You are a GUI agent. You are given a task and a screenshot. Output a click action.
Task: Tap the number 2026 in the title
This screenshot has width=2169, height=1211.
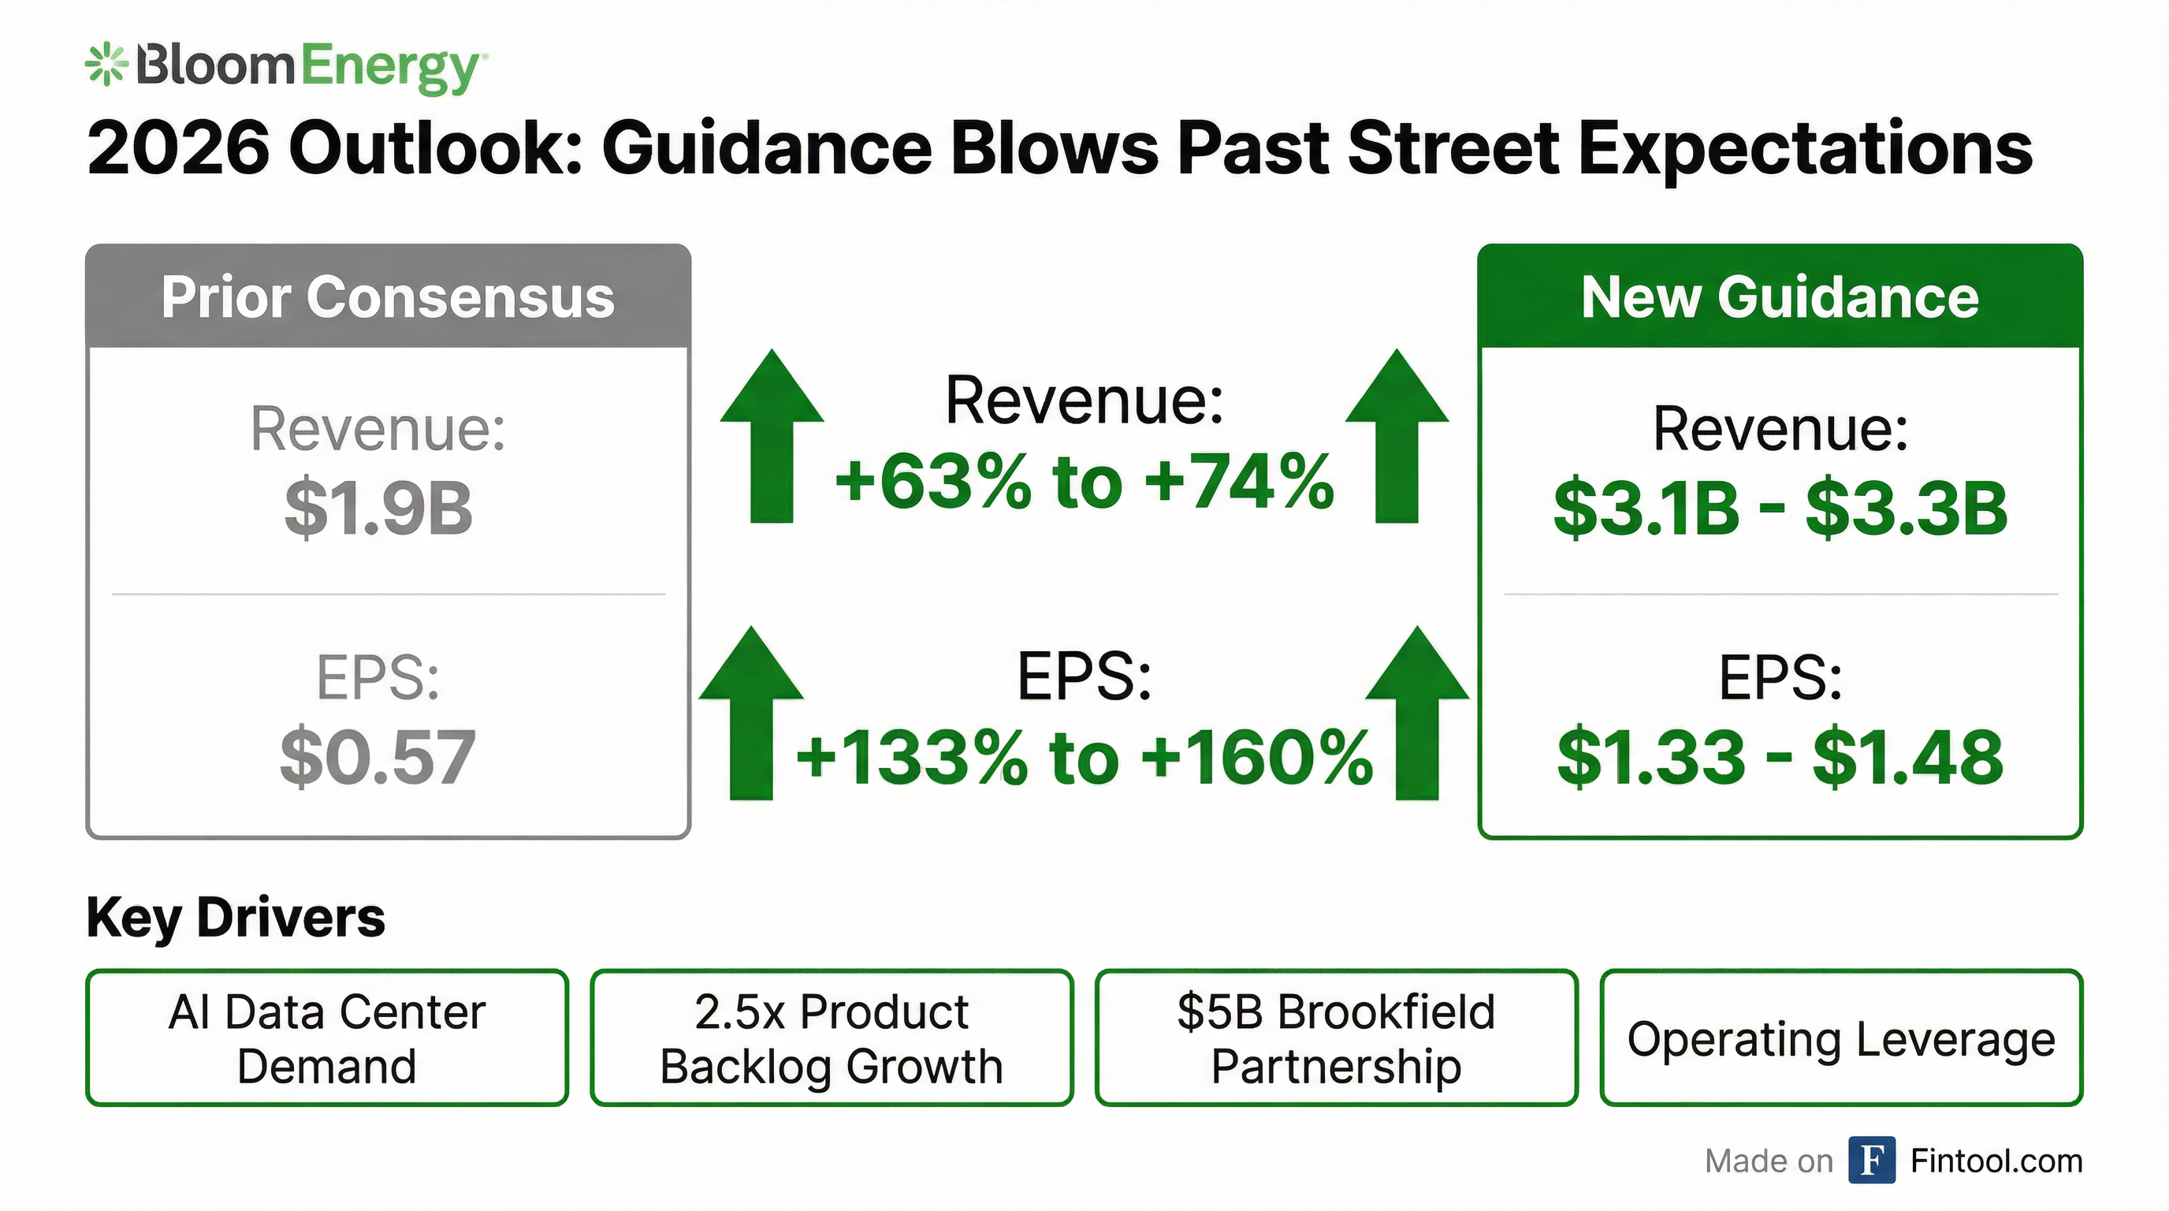[178, 149]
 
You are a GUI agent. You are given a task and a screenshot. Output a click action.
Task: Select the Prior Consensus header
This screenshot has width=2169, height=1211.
[388, 297]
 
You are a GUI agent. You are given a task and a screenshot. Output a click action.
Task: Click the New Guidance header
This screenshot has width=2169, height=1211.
[1779, 297]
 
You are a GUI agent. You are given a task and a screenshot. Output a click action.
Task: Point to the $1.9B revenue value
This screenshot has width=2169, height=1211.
[378, 509]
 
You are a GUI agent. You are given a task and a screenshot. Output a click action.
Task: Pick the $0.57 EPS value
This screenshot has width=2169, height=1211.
[378, 757]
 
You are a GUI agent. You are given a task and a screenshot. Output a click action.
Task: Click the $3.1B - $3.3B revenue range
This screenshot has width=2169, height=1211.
[1780, 509]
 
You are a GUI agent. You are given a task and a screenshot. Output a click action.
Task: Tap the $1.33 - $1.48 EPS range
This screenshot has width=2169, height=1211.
[1780, 757]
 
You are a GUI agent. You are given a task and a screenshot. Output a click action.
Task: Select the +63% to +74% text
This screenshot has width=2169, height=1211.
[1084, 483]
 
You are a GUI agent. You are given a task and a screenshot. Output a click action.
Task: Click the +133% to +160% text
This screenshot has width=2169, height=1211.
[1084, 757]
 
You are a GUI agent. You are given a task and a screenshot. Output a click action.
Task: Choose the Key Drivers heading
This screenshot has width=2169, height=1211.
[236, 917]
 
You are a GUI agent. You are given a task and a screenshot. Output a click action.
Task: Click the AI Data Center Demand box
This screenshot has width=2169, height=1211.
[327, 1038]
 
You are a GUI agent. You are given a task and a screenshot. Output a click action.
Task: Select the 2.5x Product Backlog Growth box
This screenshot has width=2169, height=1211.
[832, 1038]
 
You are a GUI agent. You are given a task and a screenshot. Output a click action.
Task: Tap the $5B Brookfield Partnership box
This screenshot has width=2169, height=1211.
[1336, 1038]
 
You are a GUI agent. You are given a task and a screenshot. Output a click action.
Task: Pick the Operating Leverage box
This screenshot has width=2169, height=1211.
[1841, 1038]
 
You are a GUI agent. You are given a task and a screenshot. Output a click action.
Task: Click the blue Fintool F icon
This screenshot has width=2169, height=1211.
[1872, 1161]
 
